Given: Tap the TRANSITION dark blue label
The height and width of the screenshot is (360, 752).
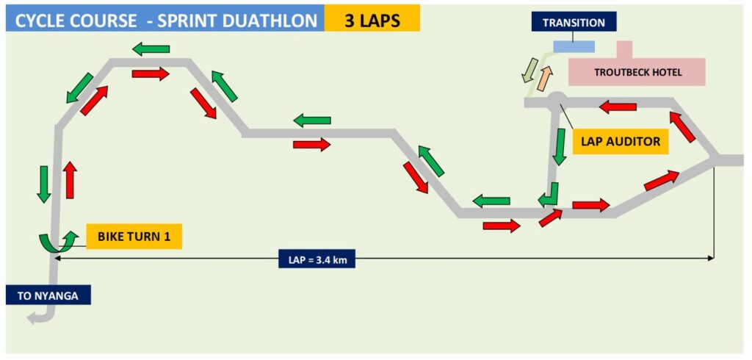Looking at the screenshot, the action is click(574, 22).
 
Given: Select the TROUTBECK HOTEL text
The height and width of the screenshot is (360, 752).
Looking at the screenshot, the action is click(637, 73).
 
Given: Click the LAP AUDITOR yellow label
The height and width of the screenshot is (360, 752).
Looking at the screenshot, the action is click(621, 141).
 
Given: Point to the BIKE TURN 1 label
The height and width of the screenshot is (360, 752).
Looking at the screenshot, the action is click(134, 236).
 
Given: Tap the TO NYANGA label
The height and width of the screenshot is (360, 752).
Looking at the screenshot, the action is click(48, 295).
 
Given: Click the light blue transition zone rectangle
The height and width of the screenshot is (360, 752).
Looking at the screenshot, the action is click(574, 46).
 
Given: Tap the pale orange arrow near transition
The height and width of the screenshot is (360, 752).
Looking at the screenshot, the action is click(546, 78).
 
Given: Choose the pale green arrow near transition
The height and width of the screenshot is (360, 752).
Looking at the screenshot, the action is click(529, 70).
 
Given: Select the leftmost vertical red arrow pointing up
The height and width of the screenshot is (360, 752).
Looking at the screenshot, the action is click(70, 180).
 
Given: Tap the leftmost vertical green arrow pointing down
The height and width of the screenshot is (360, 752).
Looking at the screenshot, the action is click(43, 184).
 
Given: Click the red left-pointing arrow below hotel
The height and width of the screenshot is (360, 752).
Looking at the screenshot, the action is click(618, 107).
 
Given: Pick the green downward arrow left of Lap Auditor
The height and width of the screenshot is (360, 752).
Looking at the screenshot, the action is click(559, 147).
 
